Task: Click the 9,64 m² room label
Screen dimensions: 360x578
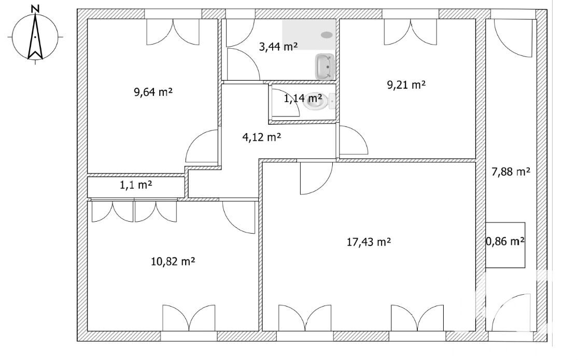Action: pyautogui.click(x=153, y=92)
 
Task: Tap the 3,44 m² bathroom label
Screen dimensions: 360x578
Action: pyautogui.click(x=278, y=47)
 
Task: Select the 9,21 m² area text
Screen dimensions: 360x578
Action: pyautogui.click(x=406, y=84)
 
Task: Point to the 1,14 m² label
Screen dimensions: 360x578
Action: pyautogui.click(x=302, y=97)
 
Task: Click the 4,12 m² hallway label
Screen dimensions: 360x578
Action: pyautogui.click(x=262, y=137)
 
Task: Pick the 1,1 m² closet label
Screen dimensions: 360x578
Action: pyautogui.click(x=136, y=184)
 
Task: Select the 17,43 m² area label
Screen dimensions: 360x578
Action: pyautogui.click(x=368, y=241)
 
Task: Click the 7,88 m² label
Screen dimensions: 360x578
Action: pyautogui.click(x=511, y=171)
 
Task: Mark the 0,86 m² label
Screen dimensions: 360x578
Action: pyautogui.click(x=505, y=241)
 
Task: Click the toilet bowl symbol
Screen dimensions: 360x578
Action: pyautogui.click(x=316, y=101)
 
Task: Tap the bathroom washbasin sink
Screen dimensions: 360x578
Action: pyautogui.click(x=325, y=67)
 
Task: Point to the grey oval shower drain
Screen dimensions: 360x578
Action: pyautogui.click(x=327, y=35)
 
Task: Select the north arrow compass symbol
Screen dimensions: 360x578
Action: pyautogui.click(x=35, y=37)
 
